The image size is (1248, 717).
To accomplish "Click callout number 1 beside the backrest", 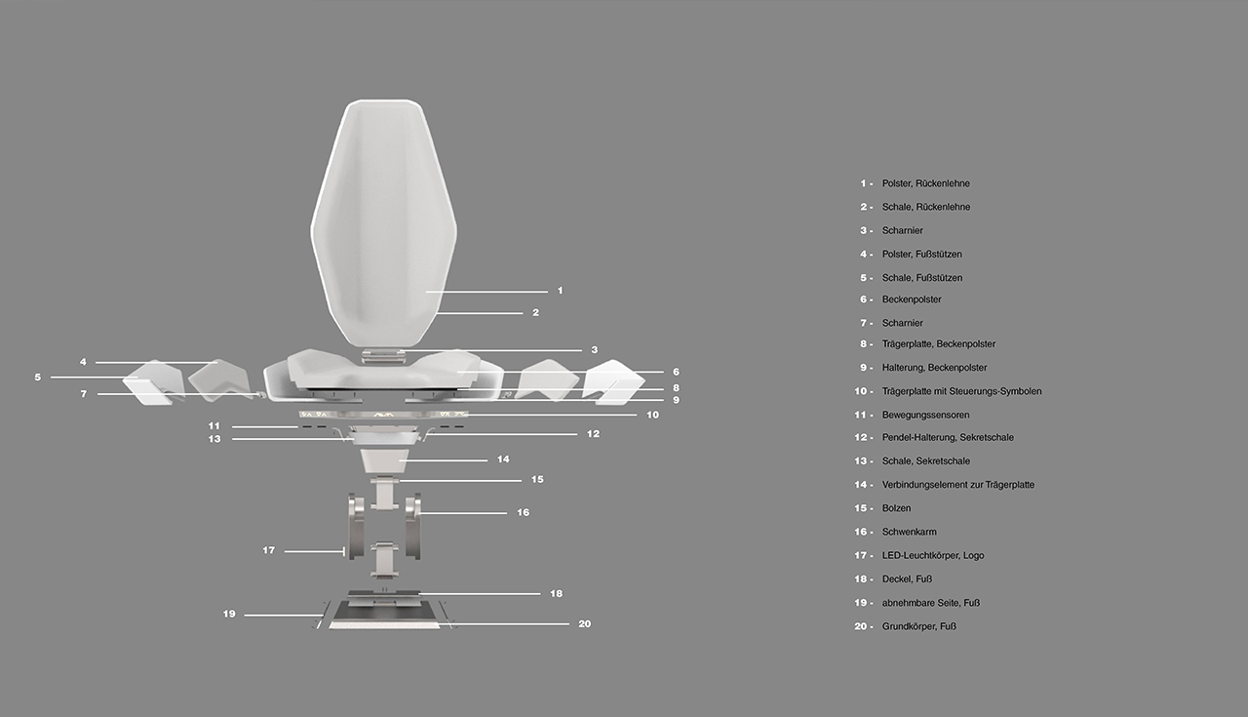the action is click(560, 291).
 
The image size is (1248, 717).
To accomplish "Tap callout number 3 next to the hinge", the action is click(595, 349).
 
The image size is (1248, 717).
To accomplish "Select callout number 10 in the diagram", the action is click(652, 415).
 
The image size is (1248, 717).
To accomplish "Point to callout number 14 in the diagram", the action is click(503, 458).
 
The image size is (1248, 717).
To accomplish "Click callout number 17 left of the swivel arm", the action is click(268, 550).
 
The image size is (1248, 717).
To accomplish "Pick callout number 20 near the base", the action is click(584, 624).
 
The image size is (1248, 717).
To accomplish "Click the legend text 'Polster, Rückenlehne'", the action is click(926, 183).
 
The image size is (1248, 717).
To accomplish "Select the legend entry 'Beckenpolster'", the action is click(912, 299).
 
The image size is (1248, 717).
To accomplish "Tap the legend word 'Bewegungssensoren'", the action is click(926, 415).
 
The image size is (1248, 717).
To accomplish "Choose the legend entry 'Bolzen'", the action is click(896, 508).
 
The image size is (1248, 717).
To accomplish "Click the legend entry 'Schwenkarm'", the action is click(910, 532).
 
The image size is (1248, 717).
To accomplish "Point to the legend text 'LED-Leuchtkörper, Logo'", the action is click(933, 555).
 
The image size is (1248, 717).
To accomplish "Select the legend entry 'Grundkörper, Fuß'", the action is click(919, 626).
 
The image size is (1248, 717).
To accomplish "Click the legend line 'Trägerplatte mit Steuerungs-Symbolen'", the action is click(961, 391).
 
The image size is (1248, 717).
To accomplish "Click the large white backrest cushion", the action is click(383, 223).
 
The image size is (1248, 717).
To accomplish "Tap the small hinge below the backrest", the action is click(381, 357).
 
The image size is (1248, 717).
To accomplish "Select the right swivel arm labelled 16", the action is click(412, 526).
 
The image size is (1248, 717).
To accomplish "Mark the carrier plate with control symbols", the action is click(383, 415).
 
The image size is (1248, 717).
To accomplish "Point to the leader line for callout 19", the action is click(284, 616).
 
